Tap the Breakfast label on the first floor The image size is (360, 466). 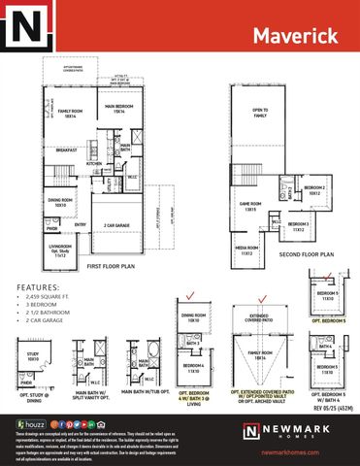tap(67, 150)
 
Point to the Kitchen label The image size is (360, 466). tap(94, 164)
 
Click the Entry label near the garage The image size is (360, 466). tap(81, 224)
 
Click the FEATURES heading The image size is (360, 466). tap(37, 288)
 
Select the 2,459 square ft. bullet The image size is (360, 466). tap(50, 300)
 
